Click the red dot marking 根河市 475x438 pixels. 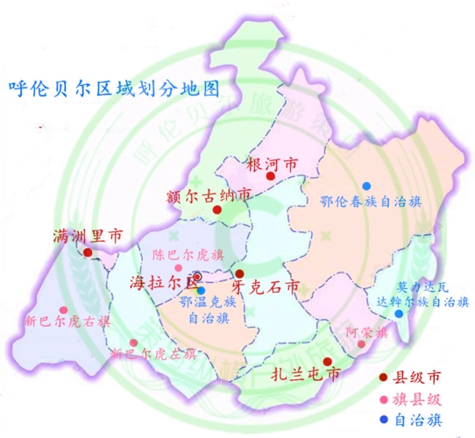[x=271, y=176]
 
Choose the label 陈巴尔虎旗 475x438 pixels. [x=188, y=256]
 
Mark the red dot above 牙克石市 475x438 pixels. [x=239, y=274]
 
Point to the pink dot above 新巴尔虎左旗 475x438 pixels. [x=133, y=343]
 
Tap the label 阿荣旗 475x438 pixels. [x=359, y=332]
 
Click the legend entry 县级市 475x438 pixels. [x=415, y=378]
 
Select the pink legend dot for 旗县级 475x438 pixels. [x=385, y=399]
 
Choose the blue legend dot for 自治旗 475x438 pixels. [x=385, y=419]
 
